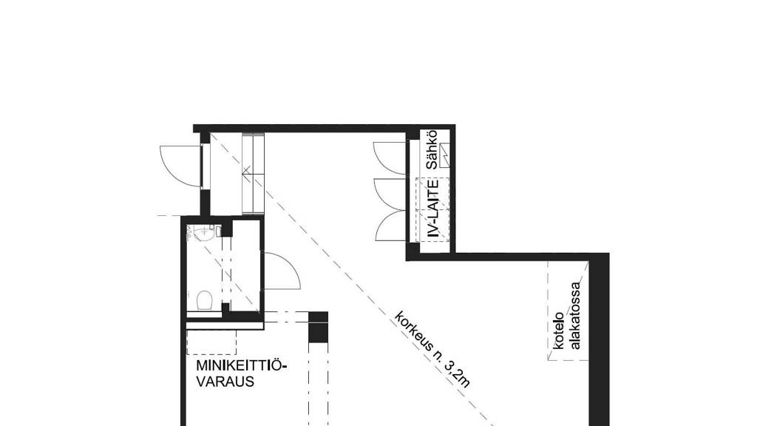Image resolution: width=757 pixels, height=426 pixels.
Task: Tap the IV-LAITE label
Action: pyautogui.click(x=433, y=208)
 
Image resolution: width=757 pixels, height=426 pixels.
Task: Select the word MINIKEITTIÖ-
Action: pyautogui.click(x=241, y=365)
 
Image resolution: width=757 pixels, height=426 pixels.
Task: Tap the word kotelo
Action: pyautogui.click(x=560, y=330)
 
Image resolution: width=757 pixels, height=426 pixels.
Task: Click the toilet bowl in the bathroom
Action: pyautogui.click(x=205, y=302)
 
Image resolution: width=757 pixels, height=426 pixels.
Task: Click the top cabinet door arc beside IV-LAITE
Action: pyautogui.click(x=388, y=158)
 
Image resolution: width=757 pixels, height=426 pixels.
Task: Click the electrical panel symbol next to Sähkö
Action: pyautogui.click(x=445, y=155)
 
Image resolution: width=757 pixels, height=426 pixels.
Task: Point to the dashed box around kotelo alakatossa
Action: pyautogui.click(x=567, y=311)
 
